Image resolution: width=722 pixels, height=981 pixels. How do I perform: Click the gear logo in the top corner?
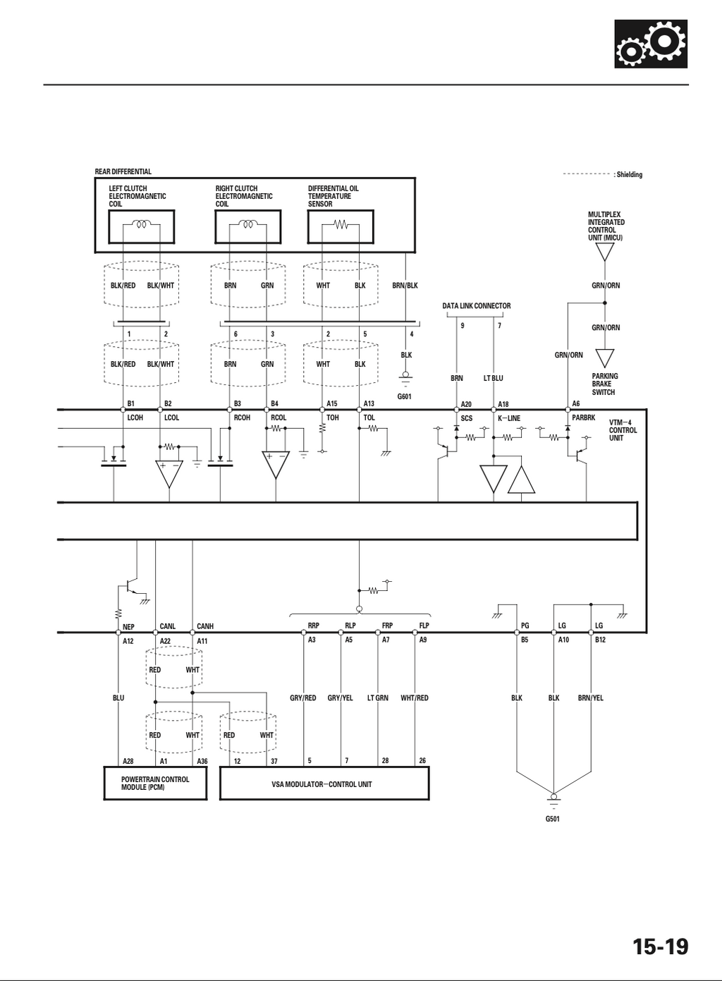pyautogui.click(x=651, y=44)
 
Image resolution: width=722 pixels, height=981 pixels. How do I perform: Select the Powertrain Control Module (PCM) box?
pyautogui.click(x=155, y=783)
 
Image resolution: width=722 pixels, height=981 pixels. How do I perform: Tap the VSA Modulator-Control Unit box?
pyautogui.click(x=324, y=783)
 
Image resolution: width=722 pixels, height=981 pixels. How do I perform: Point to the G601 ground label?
pyautogui.click(x=404, y=397)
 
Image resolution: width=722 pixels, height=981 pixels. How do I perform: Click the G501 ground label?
pyautogui.click(x=553, y=819)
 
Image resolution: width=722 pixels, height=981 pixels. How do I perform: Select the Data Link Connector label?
pyautogui.click(x=477, y=305)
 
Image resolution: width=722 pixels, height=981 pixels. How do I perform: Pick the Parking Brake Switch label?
pyautogui.click(x=605, y=384)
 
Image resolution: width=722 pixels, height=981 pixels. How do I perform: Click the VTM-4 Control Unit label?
pyautogui.click(x=623, y=430)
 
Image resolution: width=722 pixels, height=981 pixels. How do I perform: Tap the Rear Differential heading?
pyautogui.click(x=123, y=171)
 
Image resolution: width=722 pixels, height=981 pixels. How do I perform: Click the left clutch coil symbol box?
pyautogui.click(x=142, y=227)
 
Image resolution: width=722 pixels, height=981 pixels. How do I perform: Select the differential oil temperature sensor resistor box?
pyautogui.click(x=341, y=227)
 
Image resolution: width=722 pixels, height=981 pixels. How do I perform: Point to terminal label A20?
pyautogui.click(x=466, y=404)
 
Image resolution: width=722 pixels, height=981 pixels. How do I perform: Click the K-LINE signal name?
pyautogui.click(x=509, y=418)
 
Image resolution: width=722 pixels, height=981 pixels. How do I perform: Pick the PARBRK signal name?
pyautogui.click(x=583, y=418)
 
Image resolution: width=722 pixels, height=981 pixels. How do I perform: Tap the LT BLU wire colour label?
pyautogui.click(x=494, y=378)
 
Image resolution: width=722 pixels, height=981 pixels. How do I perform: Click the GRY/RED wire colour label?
pyautogui.click(x=303, y=697)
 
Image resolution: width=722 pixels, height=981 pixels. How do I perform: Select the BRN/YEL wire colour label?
pyautogui.click(x=590, y=697)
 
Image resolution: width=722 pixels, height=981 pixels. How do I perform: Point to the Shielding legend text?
pyautogui.click(x=628, y=174)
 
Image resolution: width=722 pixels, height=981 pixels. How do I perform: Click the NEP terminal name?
pyautogui.click(x=128, y=627)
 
